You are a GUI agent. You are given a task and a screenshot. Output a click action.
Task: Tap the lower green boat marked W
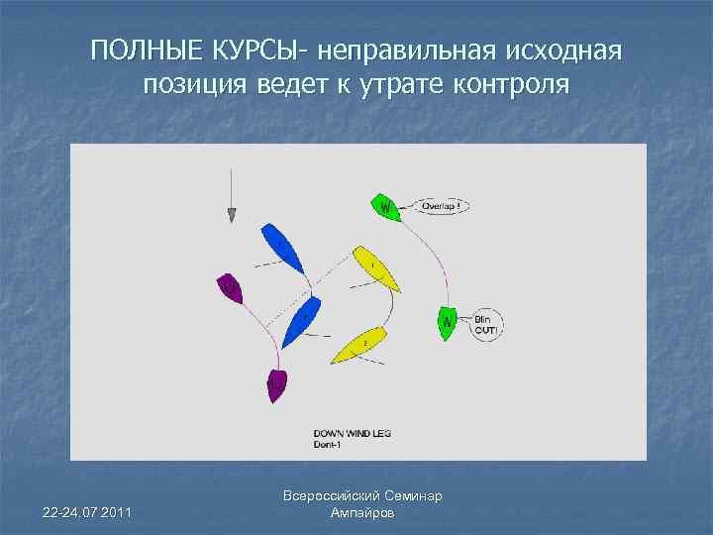pos(448,323)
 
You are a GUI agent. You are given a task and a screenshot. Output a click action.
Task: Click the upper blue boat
pos(282,248)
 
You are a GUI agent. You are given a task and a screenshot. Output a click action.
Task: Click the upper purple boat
pos(231,288)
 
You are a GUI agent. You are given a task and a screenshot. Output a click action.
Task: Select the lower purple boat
pos(276,384)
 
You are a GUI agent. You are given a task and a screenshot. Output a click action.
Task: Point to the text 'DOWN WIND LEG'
pos(353,434)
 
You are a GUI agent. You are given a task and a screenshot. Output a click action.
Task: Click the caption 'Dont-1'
pos(328,444)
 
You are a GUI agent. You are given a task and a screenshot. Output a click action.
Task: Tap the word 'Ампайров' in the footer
pos(361,512)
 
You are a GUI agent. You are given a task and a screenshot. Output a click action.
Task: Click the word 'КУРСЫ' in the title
pos(248,51)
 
